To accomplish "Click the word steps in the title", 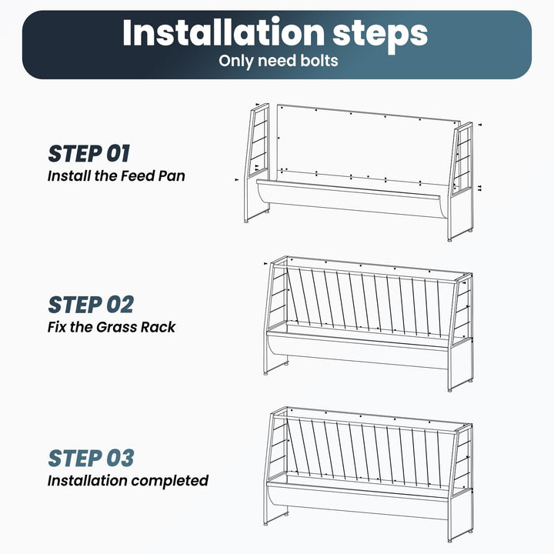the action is click(380, 35).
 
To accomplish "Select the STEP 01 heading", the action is click(89, 154).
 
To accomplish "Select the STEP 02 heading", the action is click(91, 305).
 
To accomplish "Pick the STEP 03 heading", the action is click(91, 459).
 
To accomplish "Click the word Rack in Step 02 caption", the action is click(158, 327).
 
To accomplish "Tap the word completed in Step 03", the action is click(170, 481).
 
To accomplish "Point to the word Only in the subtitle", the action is click(236, 61).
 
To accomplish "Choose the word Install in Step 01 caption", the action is click(69, 176).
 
